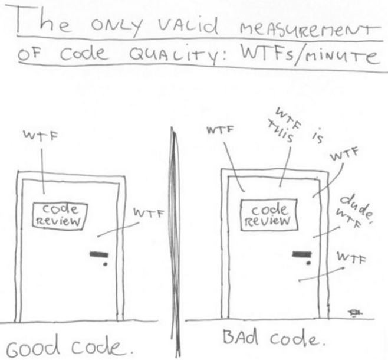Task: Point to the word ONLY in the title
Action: click(114, 27)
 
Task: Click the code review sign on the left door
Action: click(58, 213)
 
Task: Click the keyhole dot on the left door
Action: click(104, 264)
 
